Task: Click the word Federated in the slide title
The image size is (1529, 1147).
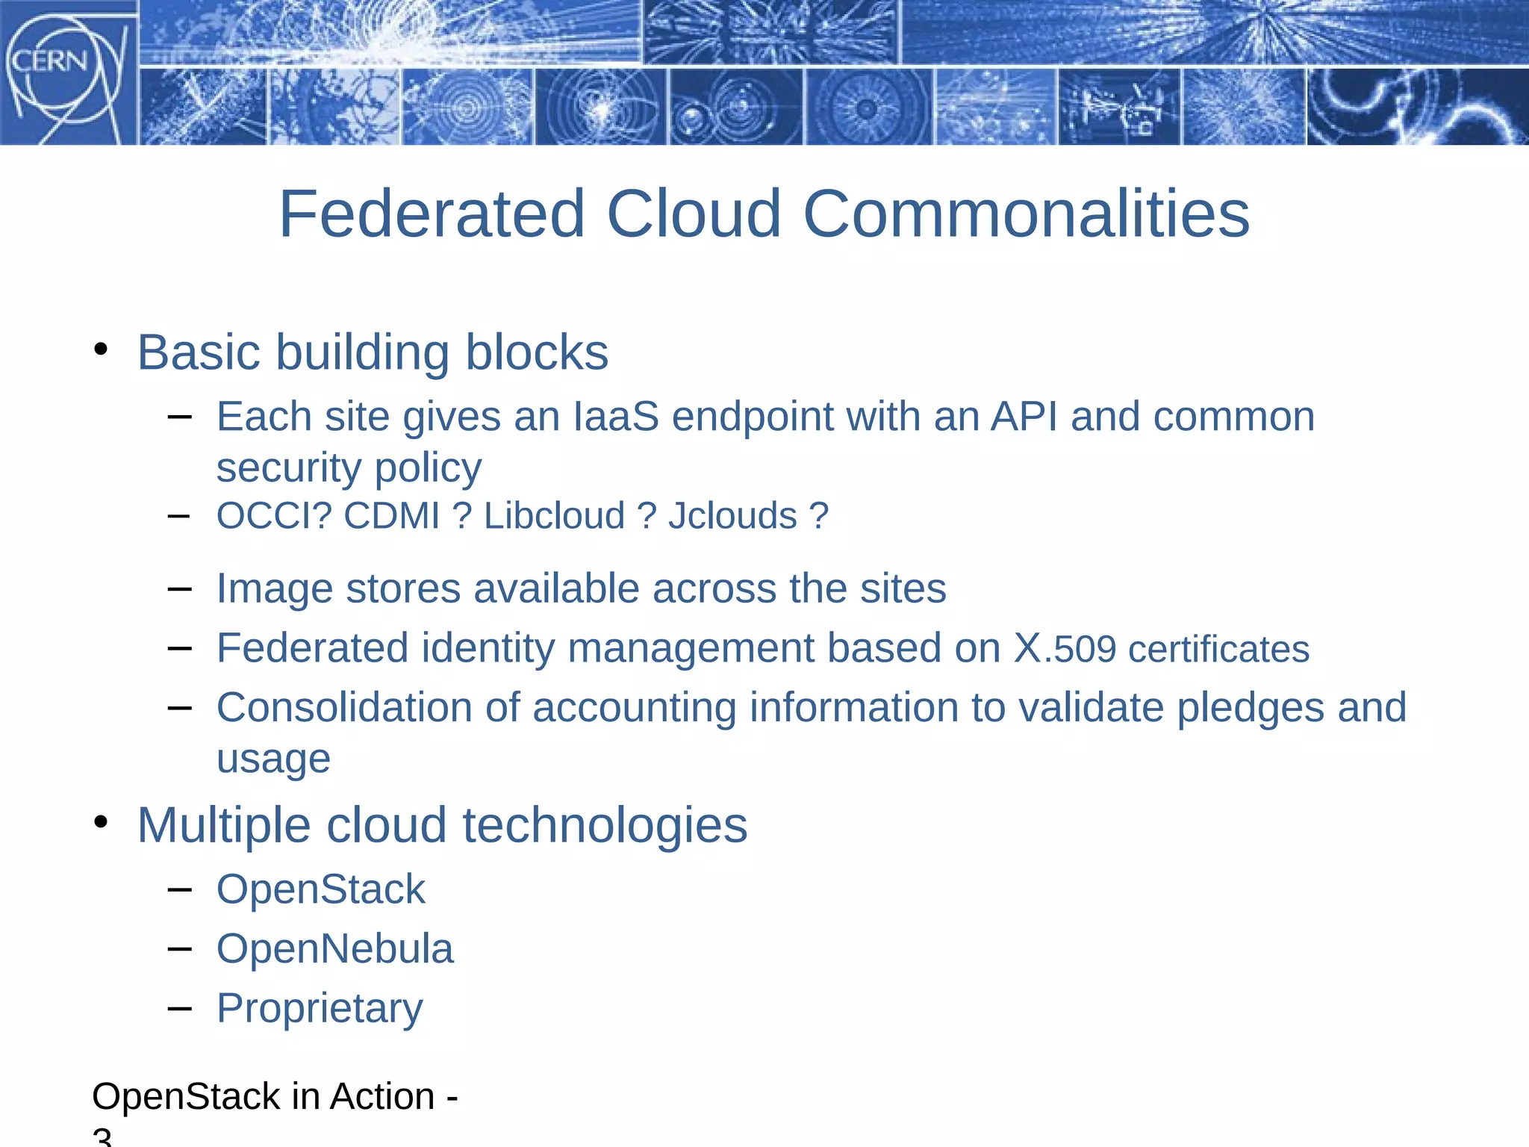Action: pos(432,214)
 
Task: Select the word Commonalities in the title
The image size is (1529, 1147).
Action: pos(1026,214)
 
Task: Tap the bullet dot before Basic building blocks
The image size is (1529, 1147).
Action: pos(102,349)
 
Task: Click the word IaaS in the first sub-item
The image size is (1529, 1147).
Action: pos(616,417)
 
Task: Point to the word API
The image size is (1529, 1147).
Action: pos(1024,417)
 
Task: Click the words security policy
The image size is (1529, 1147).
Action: pos(349,468)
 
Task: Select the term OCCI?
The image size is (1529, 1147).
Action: pos(274,516)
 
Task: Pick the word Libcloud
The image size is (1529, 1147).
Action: pos(554,516)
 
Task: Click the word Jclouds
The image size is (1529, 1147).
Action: pos(732,516)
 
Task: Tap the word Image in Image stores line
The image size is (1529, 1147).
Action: pos(274,588)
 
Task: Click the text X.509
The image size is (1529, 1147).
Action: pos(1065,648)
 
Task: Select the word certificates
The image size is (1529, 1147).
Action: pos(1218,649)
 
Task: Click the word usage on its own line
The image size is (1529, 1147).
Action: pos(273,759)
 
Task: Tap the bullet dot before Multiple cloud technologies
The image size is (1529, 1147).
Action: pos(102,822)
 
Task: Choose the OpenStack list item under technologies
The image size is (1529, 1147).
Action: pos(320,889)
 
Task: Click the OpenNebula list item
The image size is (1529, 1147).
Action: pos(334,949)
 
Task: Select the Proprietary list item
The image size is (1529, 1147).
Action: pos(320,1009)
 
